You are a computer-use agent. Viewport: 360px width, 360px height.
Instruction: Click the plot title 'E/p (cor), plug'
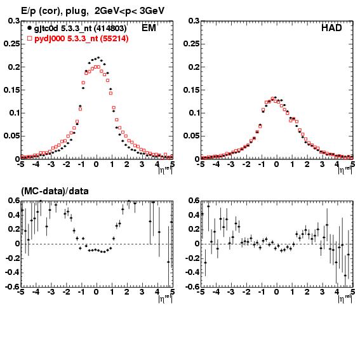click(55, 11)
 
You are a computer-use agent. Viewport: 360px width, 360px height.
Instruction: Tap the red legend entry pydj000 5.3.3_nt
click(81, 39)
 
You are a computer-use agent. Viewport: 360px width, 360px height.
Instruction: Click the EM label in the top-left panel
click(149, 28)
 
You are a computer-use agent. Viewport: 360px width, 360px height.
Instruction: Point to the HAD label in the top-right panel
click(331, 28)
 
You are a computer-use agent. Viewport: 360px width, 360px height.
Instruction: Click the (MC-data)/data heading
click(55, 191)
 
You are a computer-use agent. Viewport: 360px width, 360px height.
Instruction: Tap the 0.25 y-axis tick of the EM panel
click(11, 44)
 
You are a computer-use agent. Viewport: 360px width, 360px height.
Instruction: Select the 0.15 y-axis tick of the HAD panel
click(191, 90)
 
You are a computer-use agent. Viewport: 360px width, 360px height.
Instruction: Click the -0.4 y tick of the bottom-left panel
click(12, 272)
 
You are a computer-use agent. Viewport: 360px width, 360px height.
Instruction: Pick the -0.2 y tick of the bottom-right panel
click(192, 258)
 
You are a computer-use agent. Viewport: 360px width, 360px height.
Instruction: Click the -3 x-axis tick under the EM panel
click(51, 164)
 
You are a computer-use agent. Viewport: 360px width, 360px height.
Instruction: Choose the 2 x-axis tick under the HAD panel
click(307, 164)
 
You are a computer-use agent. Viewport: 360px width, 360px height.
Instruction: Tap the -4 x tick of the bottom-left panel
click(36, 292)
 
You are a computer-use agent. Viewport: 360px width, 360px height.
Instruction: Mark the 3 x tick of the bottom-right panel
click(322, 292)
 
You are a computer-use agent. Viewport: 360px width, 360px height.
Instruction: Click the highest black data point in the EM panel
click(98, 57)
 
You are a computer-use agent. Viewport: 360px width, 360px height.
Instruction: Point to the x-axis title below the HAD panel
click(345, 170)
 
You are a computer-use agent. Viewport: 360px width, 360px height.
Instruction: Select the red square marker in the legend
click(29, 38)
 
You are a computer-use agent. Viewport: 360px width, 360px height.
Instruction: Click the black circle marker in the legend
click(29, 28)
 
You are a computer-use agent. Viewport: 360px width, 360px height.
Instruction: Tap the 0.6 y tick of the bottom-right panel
click(194, 201)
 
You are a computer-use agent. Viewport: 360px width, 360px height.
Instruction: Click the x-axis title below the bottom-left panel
click(165, 298)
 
